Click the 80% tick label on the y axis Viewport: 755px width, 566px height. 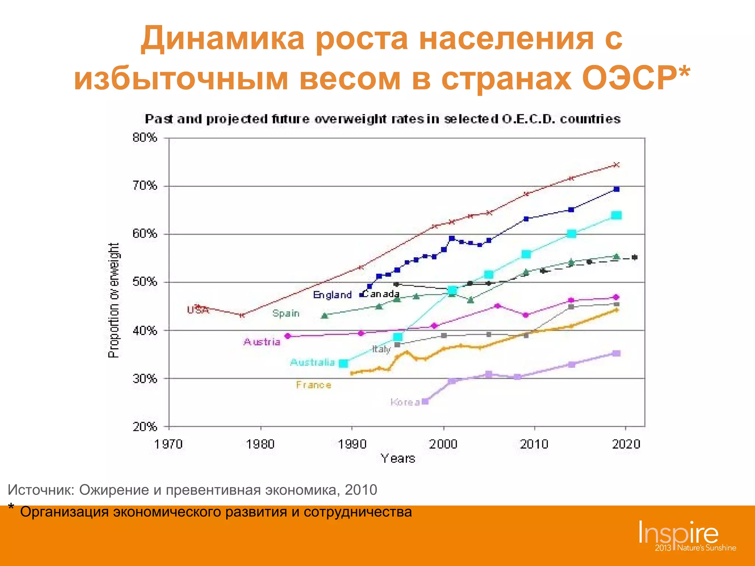145,138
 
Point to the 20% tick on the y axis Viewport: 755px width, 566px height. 145,427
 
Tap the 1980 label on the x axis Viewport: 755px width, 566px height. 260,444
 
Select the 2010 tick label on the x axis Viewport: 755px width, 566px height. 534,444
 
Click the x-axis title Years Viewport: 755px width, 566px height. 398,458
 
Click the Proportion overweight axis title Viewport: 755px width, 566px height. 114,300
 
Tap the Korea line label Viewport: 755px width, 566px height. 405,402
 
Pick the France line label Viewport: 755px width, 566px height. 314,385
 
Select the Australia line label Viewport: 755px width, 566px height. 312,362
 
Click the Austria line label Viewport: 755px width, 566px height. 262,342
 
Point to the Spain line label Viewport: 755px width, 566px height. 286,313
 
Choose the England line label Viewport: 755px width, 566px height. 332,295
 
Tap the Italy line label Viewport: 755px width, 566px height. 381,349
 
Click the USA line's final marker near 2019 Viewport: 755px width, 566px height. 616,165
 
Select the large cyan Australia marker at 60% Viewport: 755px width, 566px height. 571,234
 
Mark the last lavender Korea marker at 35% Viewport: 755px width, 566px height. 616,353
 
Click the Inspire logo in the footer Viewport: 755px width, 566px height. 679,533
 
